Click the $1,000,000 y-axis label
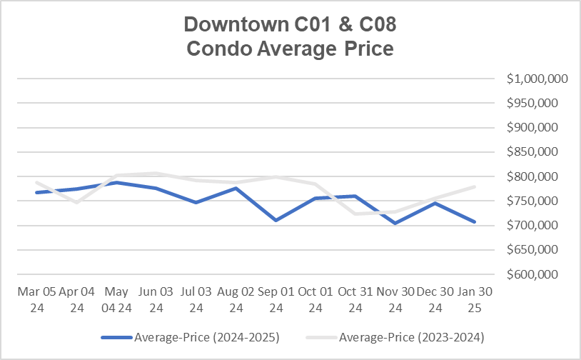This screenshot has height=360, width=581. [537, 79]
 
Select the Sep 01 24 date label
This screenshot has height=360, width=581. [275, 300]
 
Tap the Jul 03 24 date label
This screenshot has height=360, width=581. [196, 300]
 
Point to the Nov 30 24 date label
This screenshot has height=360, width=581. [394, 300]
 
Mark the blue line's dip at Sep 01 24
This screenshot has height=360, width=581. [275, 220]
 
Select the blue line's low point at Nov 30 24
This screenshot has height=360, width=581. [394, 224]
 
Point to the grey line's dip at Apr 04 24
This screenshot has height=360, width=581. [77, 202]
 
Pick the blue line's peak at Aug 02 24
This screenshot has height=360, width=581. [236, 188]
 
